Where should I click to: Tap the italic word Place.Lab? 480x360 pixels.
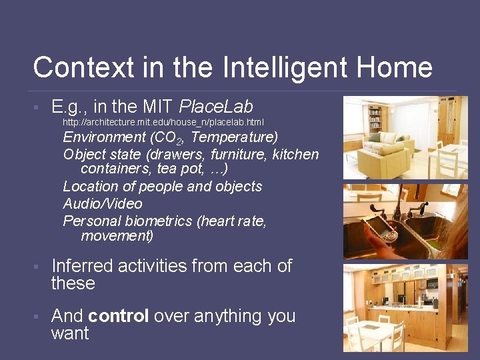(x=216, y=106)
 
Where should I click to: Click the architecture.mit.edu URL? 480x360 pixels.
(x=163, y=123)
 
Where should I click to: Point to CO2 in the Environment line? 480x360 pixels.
(x=168, y=138)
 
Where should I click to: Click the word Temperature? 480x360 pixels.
(x=233, y=138)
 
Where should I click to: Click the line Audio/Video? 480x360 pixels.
(x=103, y=203)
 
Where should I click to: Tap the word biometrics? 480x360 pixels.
(x=155, y=221)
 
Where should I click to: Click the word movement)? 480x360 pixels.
(x=117, y=236)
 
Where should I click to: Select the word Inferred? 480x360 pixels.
(x=84, y=266)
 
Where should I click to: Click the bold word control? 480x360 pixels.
(x=118, y=316)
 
